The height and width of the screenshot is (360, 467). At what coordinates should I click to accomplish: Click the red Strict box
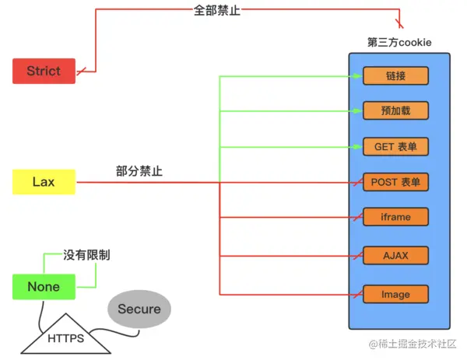[x=44, y=71]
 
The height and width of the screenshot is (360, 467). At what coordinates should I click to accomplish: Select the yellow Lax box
[x=44, y=182]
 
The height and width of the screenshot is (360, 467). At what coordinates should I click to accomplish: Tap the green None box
[x=44, y=287]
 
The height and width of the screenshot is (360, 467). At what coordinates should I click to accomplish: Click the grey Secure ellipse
[x=139, y=309]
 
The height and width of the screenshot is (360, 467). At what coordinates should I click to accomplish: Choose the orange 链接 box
[x=396, y=76]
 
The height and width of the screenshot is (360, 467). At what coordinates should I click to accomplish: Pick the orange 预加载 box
[x=396, y=110]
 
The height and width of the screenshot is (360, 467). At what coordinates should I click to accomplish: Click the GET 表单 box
[x=396, y=147]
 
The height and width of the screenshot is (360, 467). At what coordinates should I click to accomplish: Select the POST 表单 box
[x=396, y=183]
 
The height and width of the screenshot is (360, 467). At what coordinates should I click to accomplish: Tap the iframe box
[x=396, y=217]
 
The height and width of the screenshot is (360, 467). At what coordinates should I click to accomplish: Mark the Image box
[x=396, y=295]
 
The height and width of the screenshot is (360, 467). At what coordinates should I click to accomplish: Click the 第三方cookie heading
[x=399, y=41]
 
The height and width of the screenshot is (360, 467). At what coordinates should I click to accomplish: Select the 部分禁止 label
[x=139, y=171]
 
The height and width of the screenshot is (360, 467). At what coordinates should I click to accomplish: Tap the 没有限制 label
[x=86, y=254]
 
